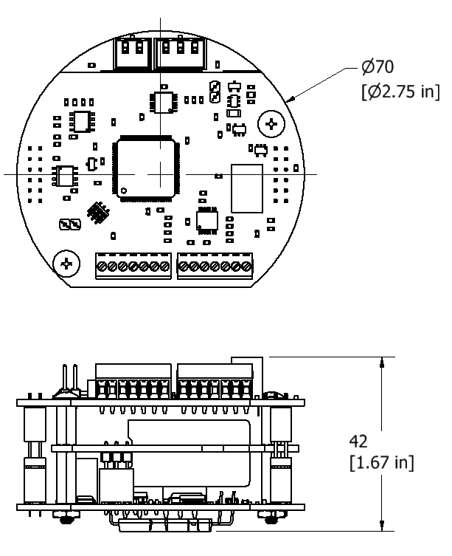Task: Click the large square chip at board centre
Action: click(x=145, y=168)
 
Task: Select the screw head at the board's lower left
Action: click(x=67, y=263)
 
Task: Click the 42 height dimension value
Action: click(x=358, y=441)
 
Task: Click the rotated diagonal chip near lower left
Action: click(x=97, y=213)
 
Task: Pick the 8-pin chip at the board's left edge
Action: click(x=63, y=175)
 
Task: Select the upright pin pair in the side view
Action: click(x=69, y=380)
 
